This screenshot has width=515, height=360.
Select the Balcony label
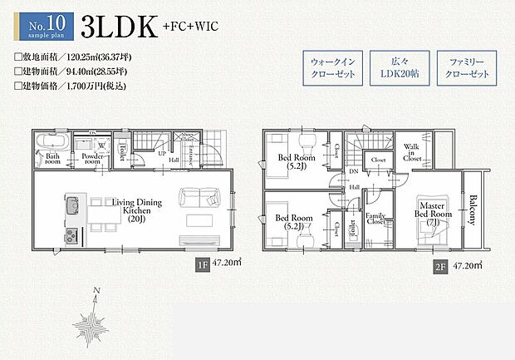(x=473, y=210)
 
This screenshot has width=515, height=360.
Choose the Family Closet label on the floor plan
(x=375, y=219)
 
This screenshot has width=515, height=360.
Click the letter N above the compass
(x=97, y=290)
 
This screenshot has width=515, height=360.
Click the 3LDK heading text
(x=119, y=26)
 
